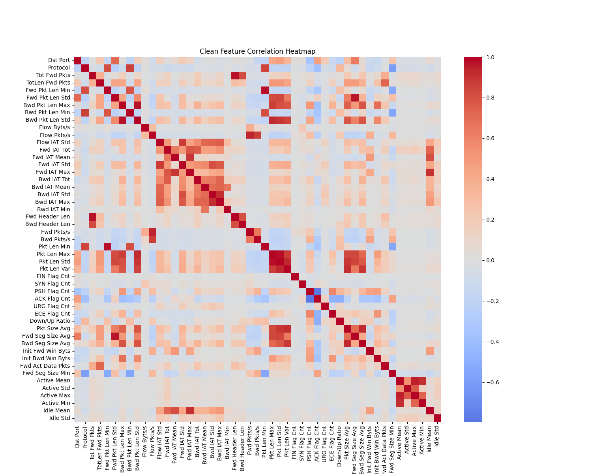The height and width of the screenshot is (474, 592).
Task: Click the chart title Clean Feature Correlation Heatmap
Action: [257, 51]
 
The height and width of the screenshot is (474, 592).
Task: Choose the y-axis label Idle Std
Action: [60, 418]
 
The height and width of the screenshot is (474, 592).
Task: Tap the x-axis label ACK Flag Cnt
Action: [317, 440]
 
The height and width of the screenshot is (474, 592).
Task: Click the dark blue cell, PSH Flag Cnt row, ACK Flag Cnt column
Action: [317, 291]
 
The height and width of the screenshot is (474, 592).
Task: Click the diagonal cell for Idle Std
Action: [437, 418]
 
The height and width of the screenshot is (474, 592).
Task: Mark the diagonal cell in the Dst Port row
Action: [78, 60]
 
